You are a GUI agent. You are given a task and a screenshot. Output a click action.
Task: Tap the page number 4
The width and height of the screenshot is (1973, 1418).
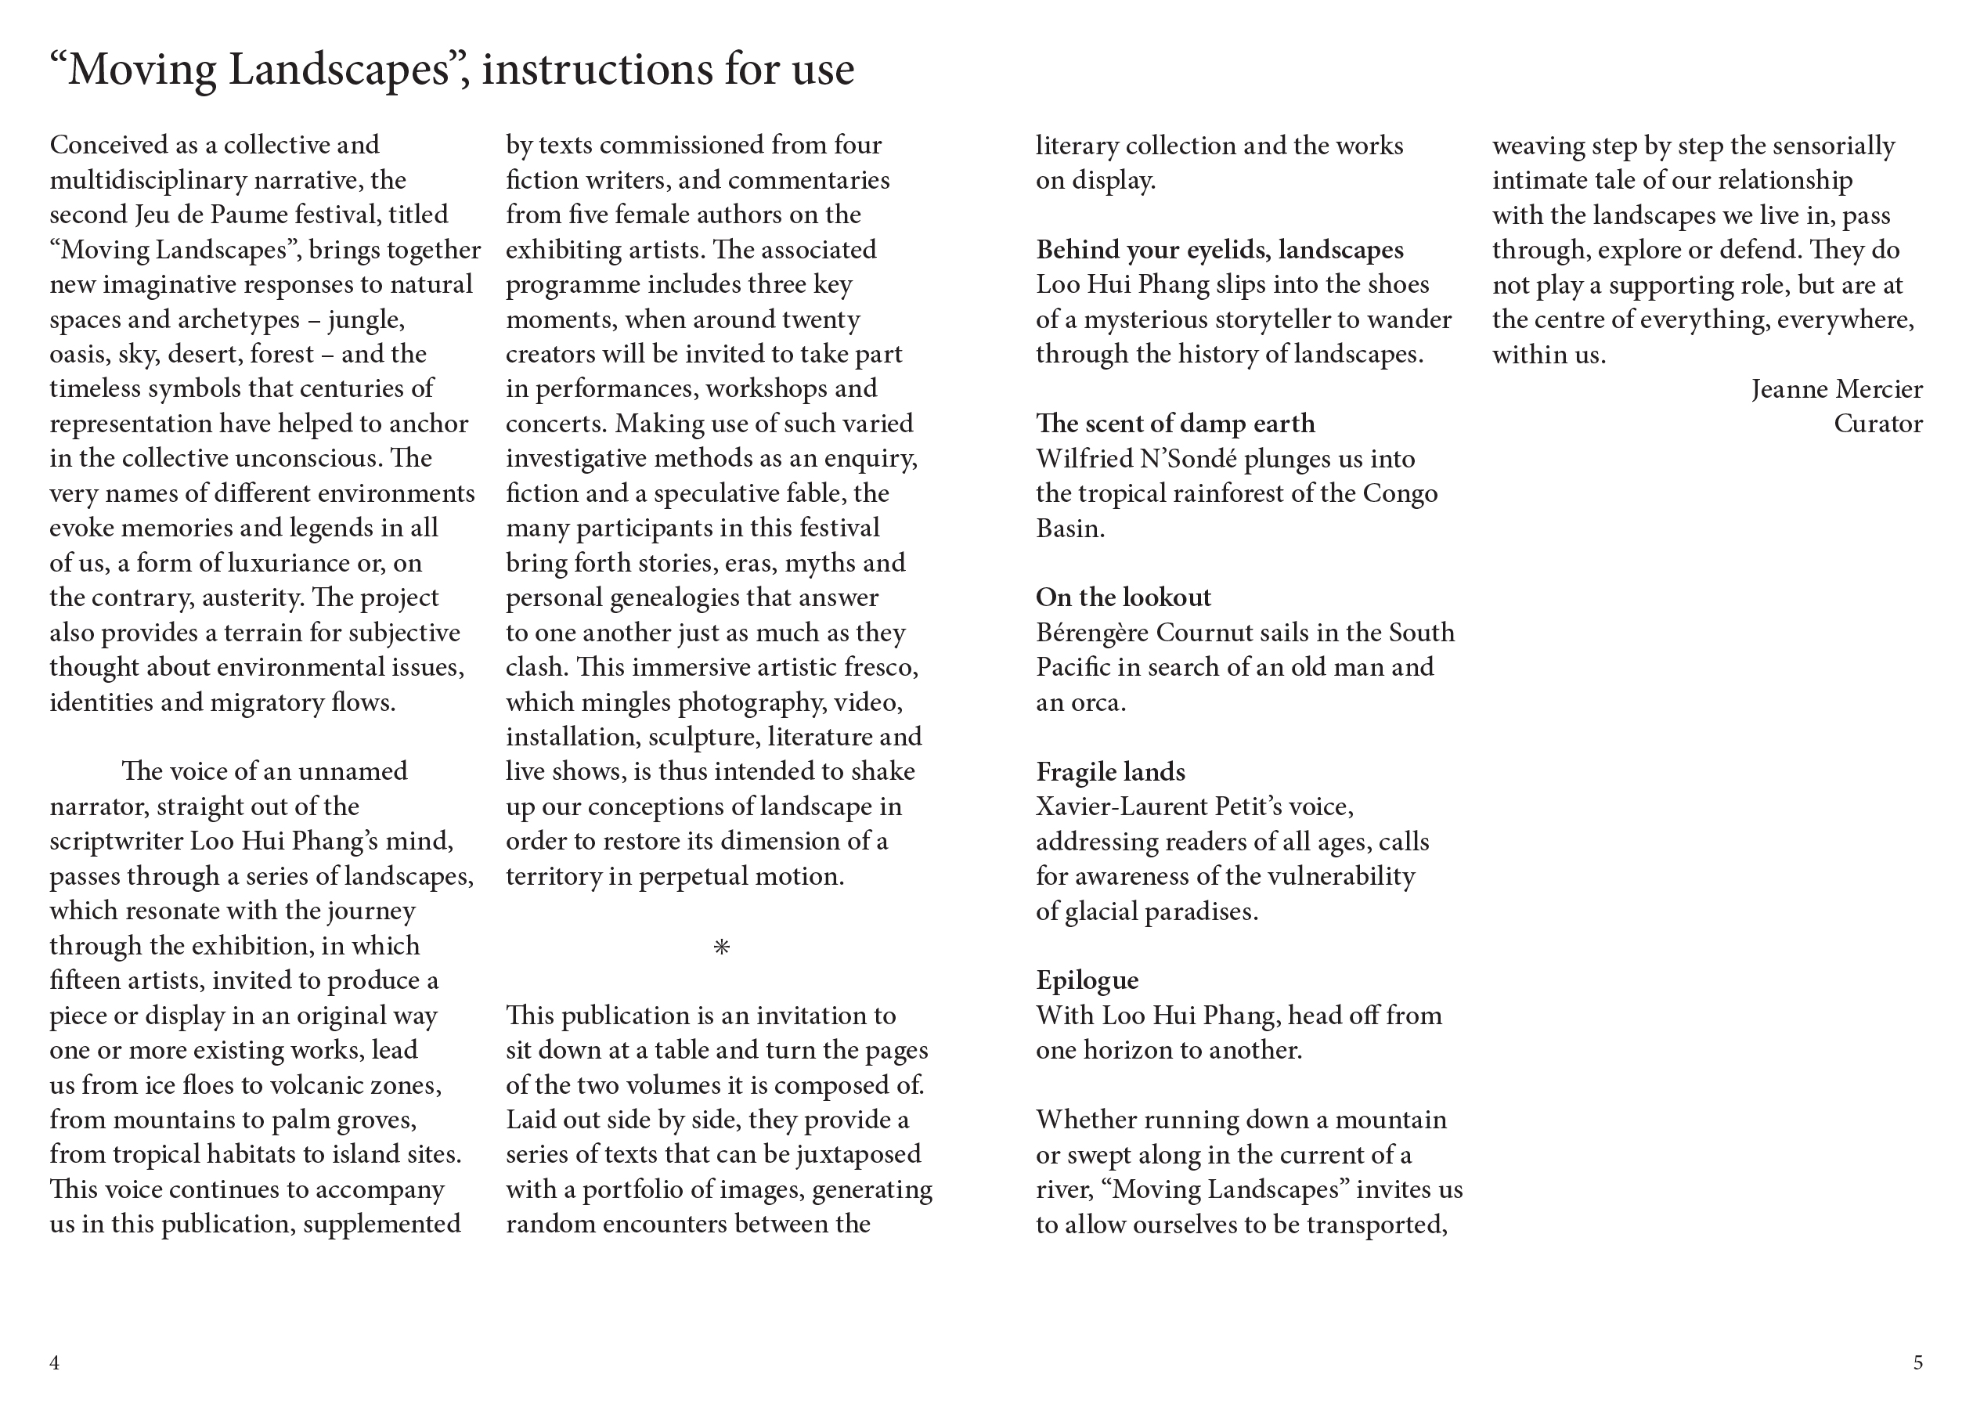(x=55, y=1362)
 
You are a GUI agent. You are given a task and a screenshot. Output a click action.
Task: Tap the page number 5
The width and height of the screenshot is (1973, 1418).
(x=1917, y=1362)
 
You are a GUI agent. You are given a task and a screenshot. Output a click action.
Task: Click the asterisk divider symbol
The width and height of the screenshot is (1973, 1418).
(x=721, y=947)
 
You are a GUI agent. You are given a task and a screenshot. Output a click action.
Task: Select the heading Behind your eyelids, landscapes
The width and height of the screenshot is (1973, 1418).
(x=1219, y=250)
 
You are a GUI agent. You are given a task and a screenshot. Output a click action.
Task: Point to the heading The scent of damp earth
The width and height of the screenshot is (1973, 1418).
(x=1174, y=424)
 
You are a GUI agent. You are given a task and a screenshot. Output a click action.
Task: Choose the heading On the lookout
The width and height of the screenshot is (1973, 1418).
(x=1122, y=597)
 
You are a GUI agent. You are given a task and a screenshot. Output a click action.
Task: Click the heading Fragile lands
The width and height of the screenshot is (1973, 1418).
(x=1110, y=771)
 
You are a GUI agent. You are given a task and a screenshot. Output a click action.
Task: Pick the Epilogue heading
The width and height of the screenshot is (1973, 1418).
(x=1087, y=980)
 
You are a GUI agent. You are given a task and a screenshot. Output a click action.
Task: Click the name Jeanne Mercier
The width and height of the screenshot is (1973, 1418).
(x=1837, y=389)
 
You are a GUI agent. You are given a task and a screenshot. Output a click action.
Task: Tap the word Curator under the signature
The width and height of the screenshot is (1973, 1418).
(x=1877, y=424)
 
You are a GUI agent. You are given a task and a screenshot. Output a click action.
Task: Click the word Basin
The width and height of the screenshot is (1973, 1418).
(x=1069, y=528)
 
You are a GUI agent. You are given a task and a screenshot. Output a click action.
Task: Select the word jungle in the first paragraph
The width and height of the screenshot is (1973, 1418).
(x=366, y=319)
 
